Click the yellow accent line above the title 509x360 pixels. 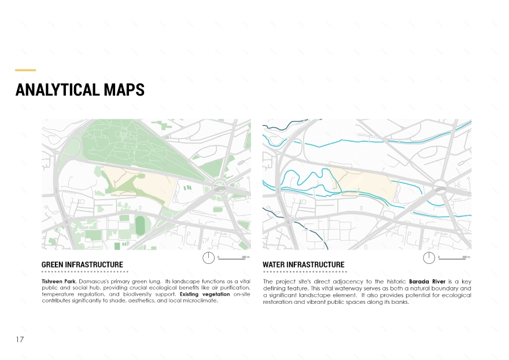[25, 70]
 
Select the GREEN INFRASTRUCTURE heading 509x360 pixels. [82, 265]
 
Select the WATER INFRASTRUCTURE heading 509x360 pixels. [303, 265]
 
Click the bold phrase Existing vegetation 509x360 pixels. [205, 295]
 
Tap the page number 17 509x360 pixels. [20, 339]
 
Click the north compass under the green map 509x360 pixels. [208, 258]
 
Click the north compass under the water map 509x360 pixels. [429, 258]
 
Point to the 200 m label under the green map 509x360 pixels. [245, 256]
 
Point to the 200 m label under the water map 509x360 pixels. [466, 256]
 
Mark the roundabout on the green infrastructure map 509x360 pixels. [219, 186]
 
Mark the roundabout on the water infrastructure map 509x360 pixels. [440, 186]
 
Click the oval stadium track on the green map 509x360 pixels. [140, 226]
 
